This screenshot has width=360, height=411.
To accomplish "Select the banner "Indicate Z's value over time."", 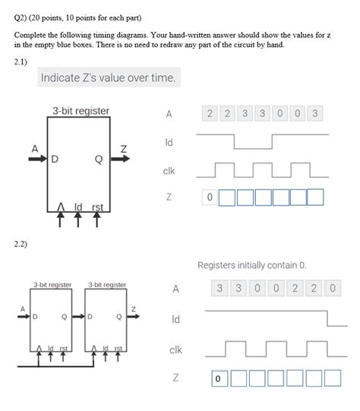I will tap(108, 77).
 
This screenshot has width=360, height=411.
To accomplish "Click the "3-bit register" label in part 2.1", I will tap(81, 112).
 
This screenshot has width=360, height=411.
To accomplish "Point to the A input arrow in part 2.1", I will tap(36, 158).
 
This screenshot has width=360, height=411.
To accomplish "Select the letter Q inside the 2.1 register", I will tap(99, 160).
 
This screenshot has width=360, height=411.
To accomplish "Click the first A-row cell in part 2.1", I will tap(210, 114).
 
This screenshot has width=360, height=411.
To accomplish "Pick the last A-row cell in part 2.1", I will tap(315, 114).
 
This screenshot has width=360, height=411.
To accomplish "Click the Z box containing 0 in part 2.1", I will tap(210, 198).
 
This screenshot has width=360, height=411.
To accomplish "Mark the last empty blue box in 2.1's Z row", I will tap(315, 198).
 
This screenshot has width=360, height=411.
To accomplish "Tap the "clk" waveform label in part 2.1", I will tap(169, 171).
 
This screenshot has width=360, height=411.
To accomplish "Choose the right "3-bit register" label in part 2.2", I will tap(107, 285).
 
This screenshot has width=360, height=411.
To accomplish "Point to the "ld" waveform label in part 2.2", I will tap(175, 320).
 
